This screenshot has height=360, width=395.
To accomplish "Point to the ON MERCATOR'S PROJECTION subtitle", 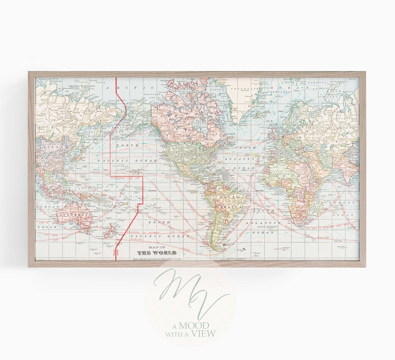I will pyautogui.click(x=157, y=259).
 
